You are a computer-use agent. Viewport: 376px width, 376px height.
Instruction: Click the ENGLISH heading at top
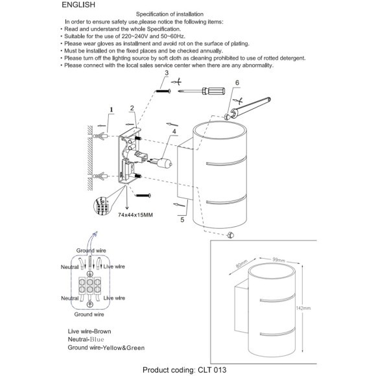pyautogui.click(x=78, y=5)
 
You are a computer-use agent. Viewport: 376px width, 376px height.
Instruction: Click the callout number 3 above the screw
pyautogui.click(x=167, y=73)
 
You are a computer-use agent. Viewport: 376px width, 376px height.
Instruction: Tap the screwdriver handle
pyautogui.click(x=214, y=91)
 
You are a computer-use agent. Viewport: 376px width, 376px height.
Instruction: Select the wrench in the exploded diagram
pyautogui.click(x=251, y=107)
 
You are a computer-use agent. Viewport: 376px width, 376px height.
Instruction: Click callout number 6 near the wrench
pyautogui.click(x=237, y=83)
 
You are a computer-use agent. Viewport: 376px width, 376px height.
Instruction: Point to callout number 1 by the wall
pyautogui.click(x=112, y=110)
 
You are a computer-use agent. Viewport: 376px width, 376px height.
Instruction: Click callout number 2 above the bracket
pyautogui.click(x=132, y=108)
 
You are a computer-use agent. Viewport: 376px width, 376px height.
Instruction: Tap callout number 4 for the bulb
pyautogui.click(x=174, y=132)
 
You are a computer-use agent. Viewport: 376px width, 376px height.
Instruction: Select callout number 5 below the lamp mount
pyautogui.click(x=182, y=220)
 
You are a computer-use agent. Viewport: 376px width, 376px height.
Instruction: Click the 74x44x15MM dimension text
pyautogui.click(x=135, y=215)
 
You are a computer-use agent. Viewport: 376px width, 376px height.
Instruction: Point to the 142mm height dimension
pyautogui.click(x=303, y=308)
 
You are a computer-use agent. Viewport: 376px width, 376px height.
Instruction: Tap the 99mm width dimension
pyautogui.click(x=279, y=260)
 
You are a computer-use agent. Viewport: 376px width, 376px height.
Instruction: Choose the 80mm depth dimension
pyautogui.click(x=242, y=264)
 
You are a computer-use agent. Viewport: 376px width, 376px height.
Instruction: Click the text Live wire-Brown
pyautogui.click(x=89, y=331)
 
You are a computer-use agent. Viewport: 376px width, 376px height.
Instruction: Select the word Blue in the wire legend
pyautogui.click(x=97, y=340)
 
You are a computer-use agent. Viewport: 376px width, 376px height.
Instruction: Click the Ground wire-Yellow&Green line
pyautogui.click(x=106, y=347)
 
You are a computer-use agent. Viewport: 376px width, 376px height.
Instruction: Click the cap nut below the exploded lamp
pyautogui.click(x=230, y=235)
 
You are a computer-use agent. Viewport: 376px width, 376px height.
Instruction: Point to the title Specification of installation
pyautogui.click(x=170, y=14)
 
